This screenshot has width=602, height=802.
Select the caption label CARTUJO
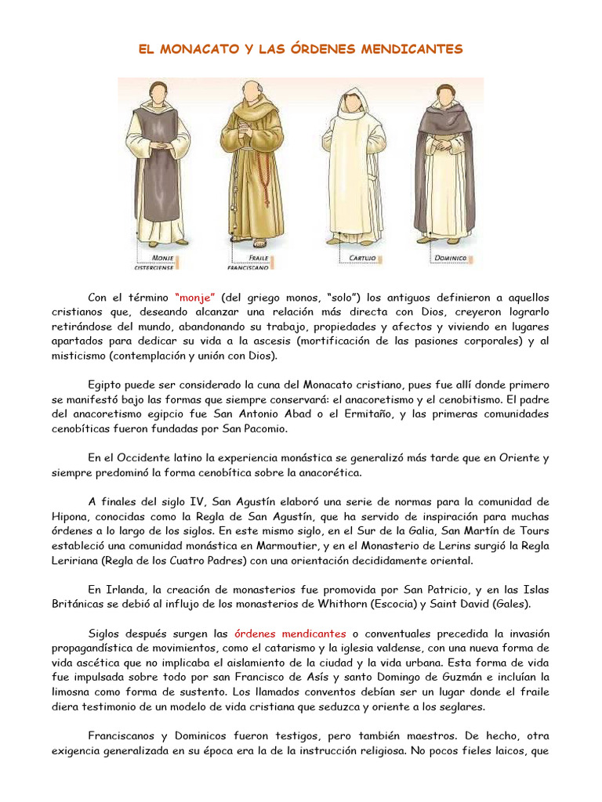[360, 256]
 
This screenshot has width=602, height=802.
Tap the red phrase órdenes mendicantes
[291, 633]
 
